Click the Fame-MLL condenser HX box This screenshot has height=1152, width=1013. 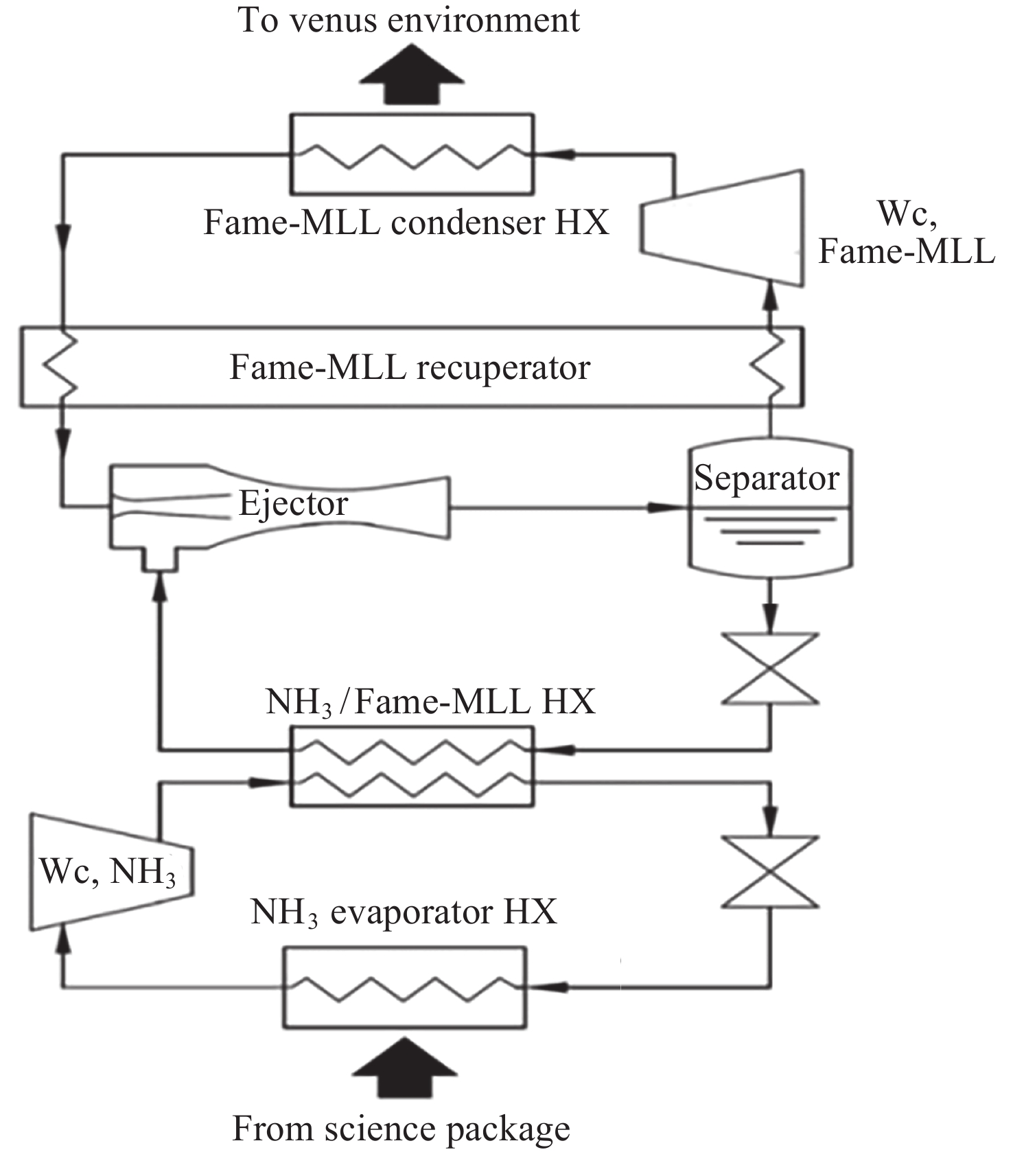[412, 154]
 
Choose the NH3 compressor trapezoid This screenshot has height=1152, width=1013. [110, 872]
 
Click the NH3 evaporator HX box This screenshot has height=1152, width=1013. [405, 987]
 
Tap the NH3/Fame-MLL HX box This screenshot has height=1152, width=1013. [412, 765]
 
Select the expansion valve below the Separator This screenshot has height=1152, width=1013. [770, 669]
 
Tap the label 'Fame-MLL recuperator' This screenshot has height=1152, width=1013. [410, 367]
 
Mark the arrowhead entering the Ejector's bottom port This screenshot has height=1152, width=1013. [160, 587]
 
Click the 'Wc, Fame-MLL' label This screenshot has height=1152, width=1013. [906, 233]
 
